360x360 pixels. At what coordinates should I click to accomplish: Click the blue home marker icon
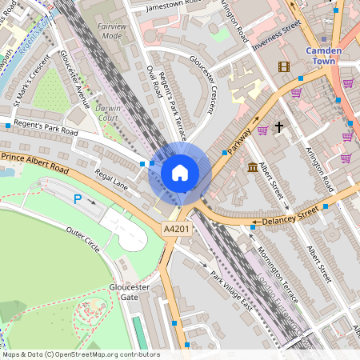point(180,173)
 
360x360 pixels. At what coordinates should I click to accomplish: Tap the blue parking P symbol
point(78,199)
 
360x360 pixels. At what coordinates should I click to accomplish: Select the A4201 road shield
point(177,230)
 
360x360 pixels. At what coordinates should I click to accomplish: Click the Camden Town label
point(324,56)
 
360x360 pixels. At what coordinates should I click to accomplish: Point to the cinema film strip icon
point(283,66)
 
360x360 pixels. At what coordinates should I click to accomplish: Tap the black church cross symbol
point(279,127)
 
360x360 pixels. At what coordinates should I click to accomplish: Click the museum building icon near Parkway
point(253,167)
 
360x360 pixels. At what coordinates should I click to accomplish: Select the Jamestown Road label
point(177,6)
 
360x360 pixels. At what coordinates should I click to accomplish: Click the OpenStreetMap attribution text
point(80,354)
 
